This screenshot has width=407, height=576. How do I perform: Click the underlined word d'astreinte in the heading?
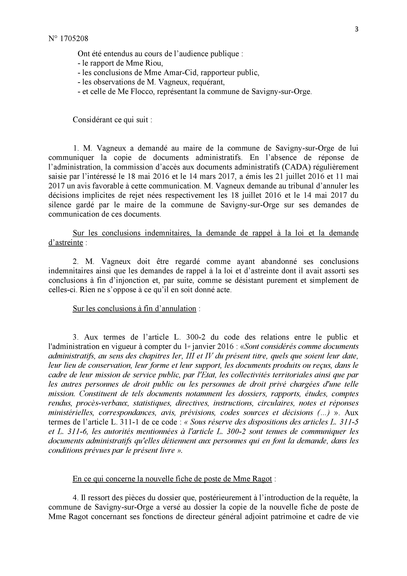pos(65,243)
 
